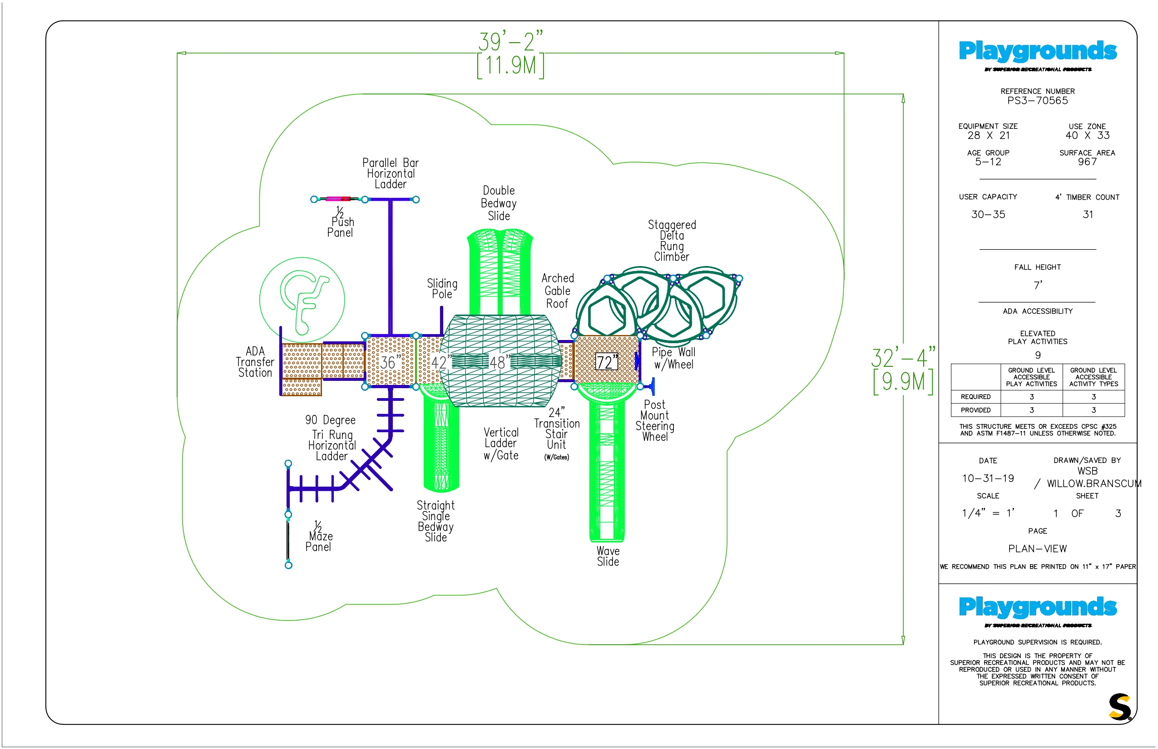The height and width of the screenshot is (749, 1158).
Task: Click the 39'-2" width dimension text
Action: pos(510,42)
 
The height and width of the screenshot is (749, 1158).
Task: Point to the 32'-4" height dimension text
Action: pos(903,359)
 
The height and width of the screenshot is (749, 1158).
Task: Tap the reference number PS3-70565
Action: pos(1037,101)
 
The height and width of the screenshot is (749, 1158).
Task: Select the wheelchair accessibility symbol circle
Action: pos(302,300)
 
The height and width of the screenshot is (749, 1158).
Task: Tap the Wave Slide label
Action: pos(608,557)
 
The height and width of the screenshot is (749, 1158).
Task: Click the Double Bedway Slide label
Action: pos(499,203)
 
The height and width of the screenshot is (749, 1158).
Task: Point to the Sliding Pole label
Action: pos(442,288)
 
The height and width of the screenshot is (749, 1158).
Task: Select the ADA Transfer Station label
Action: pos(255,362)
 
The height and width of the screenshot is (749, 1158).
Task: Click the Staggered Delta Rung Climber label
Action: pos(672,241)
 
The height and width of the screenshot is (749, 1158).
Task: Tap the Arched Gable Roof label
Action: pos(558,291)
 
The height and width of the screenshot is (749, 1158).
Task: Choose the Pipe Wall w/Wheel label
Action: pos(673,359)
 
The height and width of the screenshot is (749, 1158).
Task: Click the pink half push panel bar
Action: pos(338,199)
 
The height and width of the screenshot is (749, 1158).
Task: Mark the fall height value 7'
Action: pos(1038,286)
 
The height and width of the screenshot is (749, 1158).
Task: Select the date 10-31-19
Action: pos(988,478)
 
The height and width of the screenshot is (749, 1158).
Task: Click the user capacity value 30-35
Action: pos(988,214)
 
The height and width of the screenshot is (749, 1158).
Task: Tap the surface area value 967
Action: pos(1087,162)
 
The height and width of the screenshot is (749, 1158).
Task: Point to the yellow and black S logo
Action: pos(1119,707)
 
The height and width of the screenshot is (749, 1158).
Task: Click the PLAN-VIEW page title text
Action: pos(1037,549)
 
